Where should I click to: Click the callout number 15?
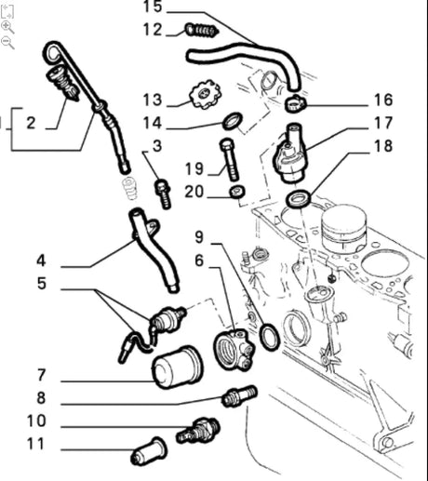click(x=153, y=7)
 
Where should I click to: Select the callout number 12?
click(x=153, y=30)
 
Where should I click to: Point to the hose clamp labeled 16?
click(x=293, y=100)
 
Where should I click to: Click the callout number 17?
click(x=383, y=122)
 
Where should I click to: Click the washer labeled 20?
click(x=238, y=193)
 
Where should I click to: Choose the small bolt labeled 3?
click(x=164, y=194)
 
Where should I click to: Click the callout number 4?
click(x=41, y=261)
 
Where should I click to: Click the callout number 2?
click(x=30, y=122)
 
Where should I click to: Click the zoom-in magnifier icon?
click(x=7, y=27)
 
